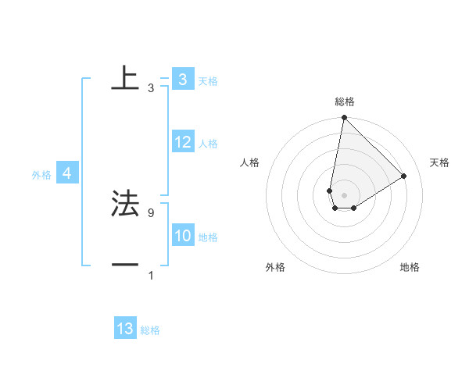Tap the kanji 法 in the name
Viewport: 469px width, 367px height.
pos(125,204)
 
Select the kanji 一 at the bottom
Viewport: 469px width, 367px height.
pos(125,265)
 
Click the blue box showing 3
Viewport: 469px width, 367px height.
pos(182,80)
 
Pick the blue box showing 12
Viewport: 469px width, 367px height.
pos(183,142)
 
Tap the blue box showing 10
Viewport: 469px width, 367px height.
pos(183,236)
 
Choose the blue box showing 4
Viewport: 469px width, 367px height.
pos(67,173)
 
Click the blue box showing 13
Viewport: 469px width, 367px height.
pos(125,329)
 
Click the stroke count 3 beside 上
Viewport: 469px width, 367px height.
pos(151,88)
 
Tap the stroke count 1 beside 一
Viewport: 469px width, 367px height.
pos(151,276)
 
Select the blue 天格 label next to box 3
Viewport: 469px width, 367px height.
pos(208,80)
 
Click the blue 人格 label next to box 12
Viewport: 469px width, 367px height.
pos(208,143)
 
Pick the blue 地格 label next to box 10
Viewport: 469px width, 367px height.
pos(208,237)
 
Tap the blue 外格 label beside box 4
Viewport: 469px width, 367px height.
pos(41,175)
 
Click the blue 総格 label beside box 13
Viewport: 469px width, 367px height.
pos(150,330)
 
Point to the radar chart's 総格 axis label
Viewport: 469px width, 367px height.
pos(345,102)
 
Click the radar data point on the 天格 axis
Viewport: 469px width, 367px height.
pos(404,176)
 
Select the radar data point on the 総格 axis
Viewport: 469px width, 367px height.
pos(344,118)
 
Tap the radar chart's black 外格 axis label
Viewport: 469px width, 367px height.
pos(275,267)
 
